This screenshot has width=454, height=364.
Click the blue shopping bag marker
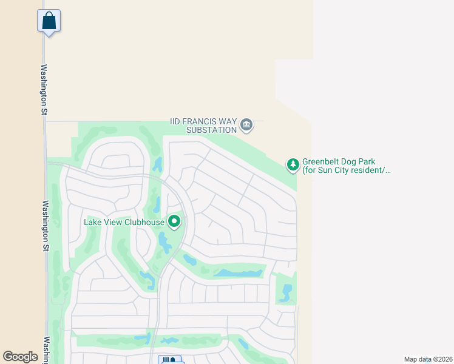coord(49,21)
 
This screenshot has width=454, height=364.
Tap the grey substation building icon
coord(246,125)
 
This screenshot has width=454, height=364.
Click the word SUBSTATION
coord(211,130)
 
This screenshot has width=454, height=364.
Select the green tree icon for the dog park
coord(293,164)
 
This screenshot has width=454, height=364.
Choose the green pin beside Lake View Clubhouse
coord(175,221)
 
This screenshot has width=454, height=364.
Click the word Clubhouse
coord(143,222)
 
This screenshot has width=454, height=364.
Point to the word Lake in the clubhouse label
coord(93,222)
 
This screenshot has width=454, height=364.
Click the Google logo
coord(21,357)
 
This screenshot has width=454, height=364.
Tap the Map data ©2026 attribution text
coord(427,359)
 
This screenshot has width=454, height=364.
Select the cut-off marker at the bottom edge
coord(171,360)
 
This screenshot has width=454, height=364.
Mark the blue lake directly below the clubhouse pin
coord(164,243)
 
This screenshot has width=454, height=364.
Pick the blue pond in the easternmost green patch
coord(286,292)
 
